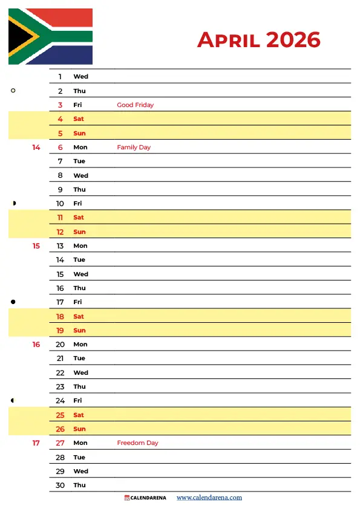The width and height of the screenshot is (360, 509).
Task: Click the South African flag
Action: (50, 36)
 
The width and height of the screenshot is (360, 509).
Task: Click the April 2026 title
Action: (258, 40)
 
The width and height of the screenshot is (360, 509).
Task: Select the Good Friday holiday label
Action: (135, 105)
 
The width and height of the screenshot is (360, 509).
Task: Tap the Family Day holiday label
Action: (134, 148)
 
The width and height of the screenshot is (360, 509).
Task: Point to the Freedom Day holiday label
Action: (137, 443)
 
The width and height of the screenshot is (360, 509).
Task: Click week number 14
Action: (36, 148)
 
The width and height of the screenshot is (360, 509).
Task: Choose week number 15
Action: (36, 246)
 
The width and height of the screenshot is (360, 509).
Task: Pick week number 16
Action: (36, 345)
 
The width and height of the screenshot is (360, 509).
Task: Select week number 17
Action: (36, 443)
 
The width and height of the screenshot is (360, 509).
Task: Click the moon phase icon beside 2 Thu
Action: (13, 91)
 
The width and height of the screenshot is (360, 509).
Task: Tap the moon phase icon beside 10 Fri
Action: (13, 203)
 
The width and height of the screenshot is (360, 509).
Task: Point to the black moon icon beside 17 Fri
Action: (13, 302)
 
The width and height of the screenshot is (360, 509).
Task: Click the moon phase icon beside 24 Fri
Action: (13, 400)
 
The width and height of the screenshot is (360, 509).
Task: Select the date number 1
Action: (60, 77)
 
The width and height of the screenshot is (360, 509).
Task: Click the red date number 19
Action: (60, 331)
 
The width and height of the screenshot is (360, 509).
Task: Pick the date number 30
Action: (60, 485)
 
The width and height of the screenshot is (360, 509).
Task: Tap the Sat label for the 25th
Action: (79, 415)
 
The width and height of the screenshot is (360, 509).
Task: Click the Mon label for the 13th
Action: (80, 246)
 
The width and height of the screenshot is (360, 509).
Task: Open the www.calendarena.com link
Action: (209, 498)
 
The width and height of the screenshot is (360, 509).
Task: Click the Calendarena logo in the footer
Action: (145, 498)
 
